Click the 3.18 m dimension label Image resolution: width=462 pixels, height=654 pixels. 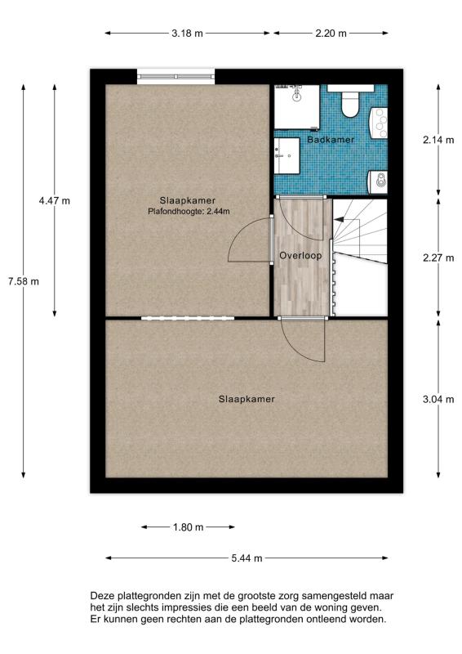(187, 34)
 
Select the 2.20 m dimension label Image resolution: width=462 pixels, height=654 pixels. (331, 34)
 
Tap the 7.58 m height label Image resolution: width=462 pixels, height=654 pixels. (24, 281)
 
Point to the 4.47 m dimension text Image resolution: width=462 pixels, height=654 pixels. (55, 200)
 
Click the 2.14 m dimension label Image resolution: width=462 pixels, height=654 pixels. (438, 140)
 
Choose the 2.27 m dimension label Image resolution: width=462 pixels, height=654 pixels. (438, 258)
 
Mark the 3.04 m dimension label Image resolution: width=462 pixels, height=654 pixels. (438, 399)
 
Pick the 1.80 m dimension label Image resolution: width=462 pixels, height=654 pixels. (189, 527)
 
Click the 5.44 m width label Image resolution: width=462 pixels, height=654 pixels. (247, 558)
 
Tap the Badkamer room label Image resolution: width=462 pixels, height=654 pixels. (331, 140)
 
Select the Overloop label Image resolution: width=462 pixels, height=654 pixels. (300, 256)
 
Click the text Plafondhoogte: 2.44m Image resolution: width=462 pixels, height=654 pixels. (189, 212)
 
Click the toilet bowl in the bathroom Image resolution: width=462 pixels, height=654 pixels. (350, 105)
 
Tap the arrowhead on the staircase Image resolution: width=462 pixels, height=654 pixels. (338, 219)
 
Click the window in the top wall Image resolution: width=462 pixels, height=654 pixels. (175, 77)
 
